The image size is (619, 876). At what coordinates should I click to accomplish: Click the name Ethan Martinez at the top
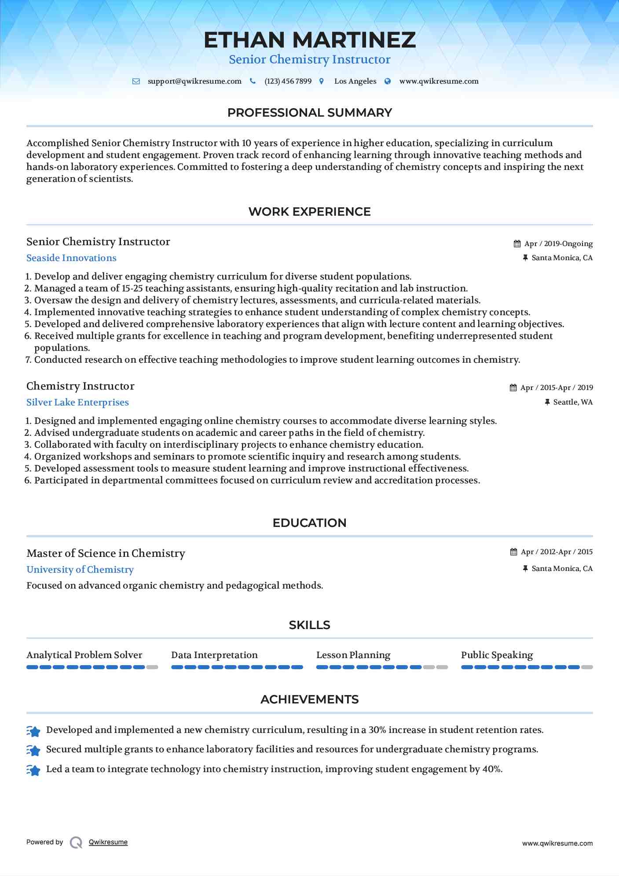point(309,40)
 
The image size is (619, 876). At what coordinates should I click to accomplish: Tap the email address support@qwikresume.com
point(194,81)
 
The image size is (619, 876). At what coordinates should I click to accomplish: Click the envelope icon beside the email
point(136,81)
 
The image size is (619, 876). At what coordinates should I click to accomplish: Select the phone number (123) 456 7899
point(288,81)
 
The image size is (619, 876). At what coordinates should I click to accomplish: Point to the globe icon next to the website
point(388,81)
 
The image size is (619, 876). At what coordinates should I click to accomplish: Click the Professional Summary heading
point(309,113)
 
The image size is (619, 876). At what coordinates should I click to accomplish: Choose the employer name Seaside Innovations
point(71,258)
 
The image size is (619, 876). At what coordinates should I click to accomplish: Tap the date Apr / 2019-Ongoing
point(558,244)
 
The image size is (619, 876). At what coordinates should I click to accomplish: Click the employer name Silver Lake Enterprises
point(77,402)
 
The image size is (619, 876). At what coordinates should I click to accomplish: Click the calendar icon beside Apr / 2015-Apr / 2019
point(513,388)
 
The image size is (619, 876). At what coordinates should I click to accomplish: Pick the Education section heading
point(309,523)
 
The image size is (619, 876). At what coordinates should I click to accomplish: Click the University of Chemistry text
point(80,570)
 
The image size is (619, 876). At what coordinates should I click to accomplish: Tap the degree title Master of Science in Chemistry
point(106,553)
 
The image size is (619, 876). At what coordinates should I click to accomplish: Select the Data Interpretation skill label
point(214,655)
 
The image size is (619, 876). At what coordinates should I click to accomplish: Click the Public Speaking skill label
point(497,655)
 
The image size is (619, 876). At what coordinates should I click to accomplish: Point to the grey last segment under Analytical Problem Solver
point(152,667)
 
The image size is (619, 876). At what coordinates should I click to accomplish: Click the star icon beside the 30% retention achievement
point(33,731)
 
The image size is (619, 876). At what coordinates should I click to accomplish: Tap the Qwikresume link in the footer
point(108,842)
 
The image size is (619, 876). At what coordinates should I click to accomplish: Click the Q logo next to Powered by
point(76,843)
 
